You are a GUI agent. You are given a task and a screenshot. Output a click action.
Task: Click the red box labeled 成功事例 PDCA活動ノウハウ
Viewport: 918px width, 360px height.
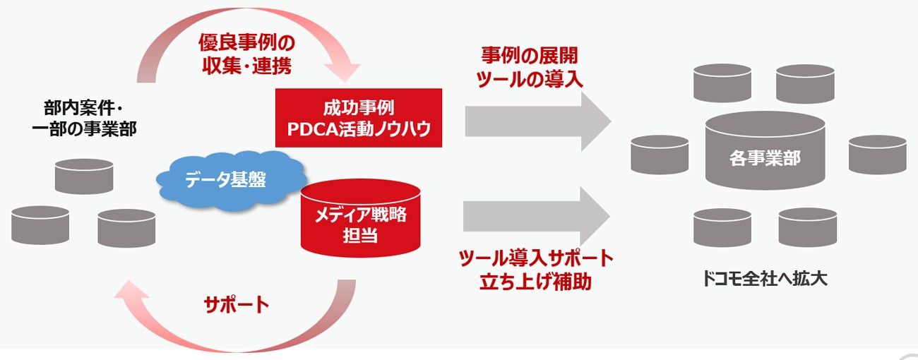pyautogui.click(x=359, y=118)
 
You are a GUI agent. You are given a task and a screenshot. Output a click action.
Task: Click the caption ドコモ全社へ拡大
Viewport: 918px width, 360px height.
pyautogui.click(x=765, y=278)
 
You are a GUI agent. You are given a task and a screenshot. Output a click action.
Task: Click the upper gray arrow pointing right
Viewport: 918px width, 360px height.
pyautogui.click(x=537, y=119)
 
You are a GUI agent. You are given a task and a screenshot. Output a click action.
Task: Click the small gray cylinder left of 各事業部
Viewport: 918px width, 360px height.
pyautogui.click(x=660, y=153)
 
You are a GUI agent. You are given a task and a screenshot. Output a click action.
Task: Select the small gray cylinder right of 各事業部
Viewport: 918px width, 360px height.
pyautogui.click(x=876, y=153)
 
